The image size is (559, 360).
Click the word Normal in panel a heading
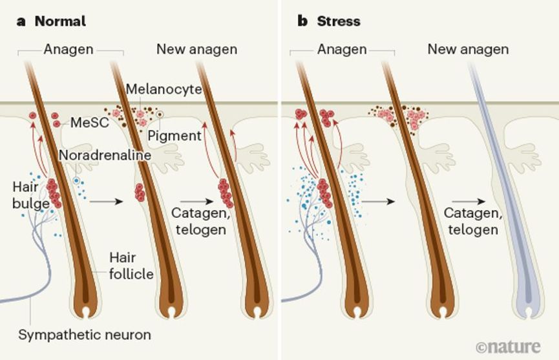[60, 21]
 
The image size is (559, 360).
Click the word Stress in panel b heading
[338, 21]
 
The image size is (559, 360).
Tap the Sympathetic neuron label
[85, 335]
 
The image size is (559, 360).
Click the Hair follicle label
[131, 266]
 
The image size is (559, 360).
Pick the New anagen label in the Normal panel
[196, 49]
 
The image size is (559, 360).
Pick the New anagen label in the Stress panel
[468, 49]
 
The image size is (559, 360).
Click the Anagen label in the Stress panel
[342, 49]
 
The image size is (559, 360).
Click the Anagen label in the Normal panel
[69, 49]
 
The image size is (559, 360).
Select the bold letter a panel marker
[21, 21]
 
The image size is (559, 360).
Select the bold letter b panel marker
[302, 21]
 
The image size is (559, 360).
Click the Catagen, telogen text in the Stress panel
[470, 222]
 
